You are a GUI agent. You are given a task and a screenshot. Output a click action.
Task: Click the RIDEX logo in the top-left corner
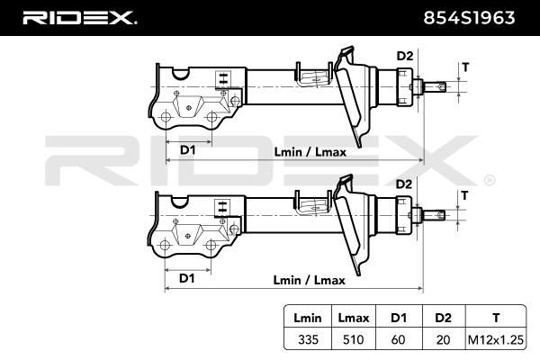click(79, 17)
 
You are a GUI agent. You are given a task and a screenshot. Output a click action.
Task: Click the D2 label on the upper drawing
click(404, 57)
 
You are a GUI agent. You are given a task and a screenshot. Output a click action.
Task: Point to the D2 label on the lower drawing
click(404, 184)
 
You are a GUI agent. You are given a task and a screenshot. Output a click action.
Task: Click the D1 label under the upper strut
click(188, 149)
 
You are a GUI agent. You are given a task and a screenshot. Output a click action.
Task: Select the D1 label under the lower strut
click(187, 278)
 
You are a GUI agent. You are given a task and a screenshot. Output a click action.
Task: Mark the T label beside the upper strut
click(464, 67)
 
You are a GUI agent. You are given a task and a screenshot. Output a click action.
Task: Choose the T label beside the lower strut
click(464, 194)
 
